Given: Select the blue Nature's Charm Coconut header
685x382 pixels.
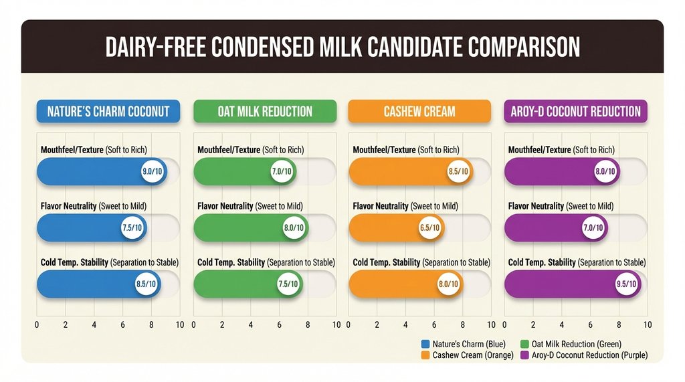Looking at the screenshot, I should [x=108, y=111].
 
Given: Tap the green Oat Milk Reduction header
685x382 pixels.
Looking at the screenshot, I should [x=265, y=111].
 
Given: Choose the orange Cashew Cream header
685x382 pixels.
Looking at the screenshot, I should [x=419, y=111].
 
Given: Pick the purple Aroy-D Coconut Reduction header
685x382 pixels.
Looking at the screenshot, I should [x=575, y=111].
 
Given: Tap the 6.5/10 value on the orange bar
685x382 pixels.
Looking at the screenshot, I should [x=431, y=228].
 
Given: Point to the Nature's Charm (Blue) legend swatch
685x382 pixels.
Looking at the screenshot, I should [x=425, y=344].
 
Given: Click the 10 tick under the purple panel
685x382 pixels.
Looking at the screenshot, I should [x=647, y=325].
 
